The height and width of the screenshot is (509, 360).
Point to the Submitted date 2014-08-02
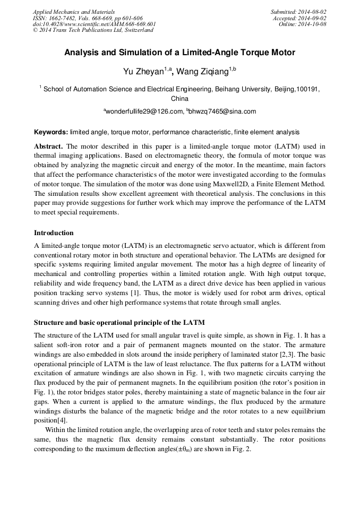click(x=313, y=12)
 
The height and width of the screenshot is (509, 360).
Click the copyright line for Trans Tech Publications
click(x=93, y=30)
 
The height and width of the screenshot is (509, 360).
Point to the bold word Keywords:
click(x=51, y=132)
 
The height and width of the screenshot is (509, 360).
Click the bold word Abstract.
click(x=49, y=146)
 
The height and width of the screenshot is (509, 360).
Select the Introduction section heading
click(x=54, y=232)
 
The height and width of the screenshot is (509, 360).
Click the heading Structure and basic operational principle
click(x=119, y=323)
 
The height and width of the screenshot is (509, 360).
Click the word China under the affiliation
click(x=179, y=99)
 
